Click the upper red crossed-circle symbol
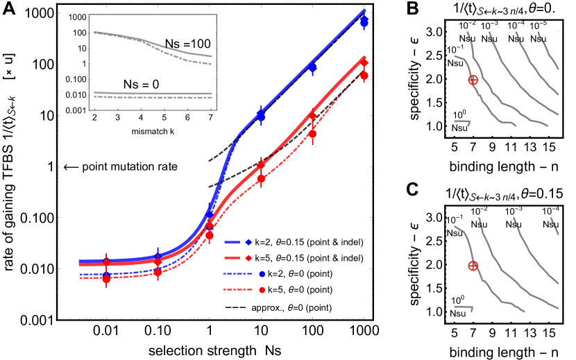(x=473, y=80)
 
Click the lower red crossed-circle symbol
(x=473, y=266)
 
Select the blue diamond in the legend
(x=248, y=242)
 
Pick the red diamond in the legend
(x=248, y=258)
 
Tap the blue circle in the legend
(x=262, y=274)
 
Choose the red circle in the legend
(x=262, y=290)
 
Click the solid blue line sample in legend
(x=232, y=242)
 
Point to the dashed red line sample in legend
(x=236, y=290)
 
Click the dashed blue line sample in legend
(x=236, y=274)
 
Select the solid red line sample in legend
(x=232, y=258)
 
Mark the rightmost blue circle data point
(x=364, y=22)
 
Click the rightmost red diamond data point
(x=364, y=62)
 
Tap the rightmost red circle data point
(x=364, y=76)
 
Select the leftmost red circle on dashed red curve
(x=106, y=278)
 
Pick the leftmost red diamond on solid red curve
(x=106, y=262)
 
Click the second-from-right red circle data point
(x=312, y=133)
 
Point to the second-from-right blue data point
(x=312, y=67)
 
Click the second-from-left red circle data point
(x=158, y=272)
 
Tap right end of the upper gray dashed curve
(x=211, y=64)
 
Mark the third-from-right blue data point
(x=261, y=116)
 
